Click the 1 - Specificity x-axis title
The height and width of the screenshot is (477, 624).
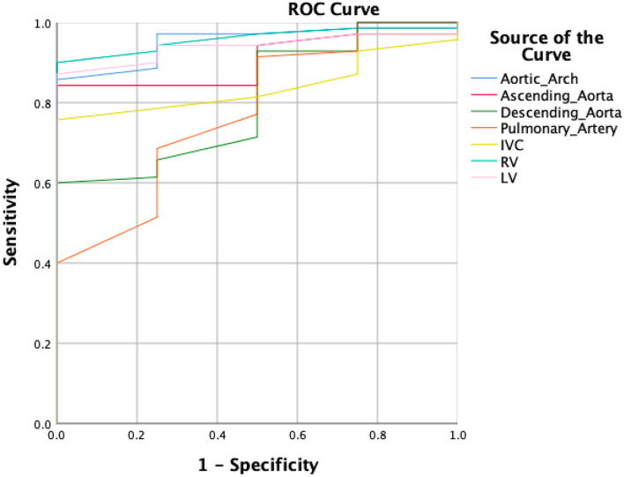[256, 462]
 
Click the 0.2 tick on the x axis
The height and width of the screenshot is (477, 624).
[137, 436]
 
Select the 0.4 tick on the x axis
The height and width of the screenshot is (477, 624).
[217, 436]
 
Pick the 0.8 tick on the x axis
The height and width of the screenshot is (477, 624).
[377, 436]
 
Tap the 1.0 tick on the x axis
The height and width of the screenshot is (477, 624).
[457, 436]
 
